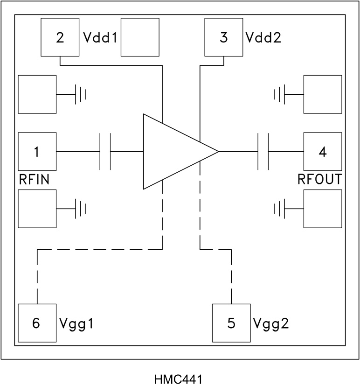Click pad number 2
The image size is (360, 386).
[60, 37]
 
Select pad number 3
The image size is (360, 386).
[224, 37]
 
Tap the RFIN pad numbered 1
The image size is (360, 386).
[37, 152]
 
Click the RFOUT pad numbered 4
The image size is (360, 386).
[322, 152]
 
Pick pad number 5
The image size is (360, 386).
[231, 323]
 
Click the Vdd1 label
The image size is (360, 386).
[100, 38]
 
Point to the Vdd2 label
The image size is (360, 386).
[264, 38]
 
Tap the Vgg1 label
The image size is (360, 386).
[77, 323]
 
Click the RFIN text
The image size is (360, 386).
[35, 179]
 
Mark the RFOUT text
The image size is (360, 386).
[319, 179]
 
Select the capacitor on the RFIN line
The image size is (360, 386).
[105, 152]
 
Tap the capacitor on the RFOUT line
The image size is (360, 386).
[263, 152]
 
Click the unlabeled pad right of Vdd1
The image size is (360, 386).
[140, 37]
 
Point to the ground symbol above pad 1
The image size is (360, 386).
[81, 95]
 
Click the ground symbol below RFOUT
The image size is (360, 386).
[280, 209]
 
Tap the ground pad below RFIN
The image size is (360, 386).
[37, 209]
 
